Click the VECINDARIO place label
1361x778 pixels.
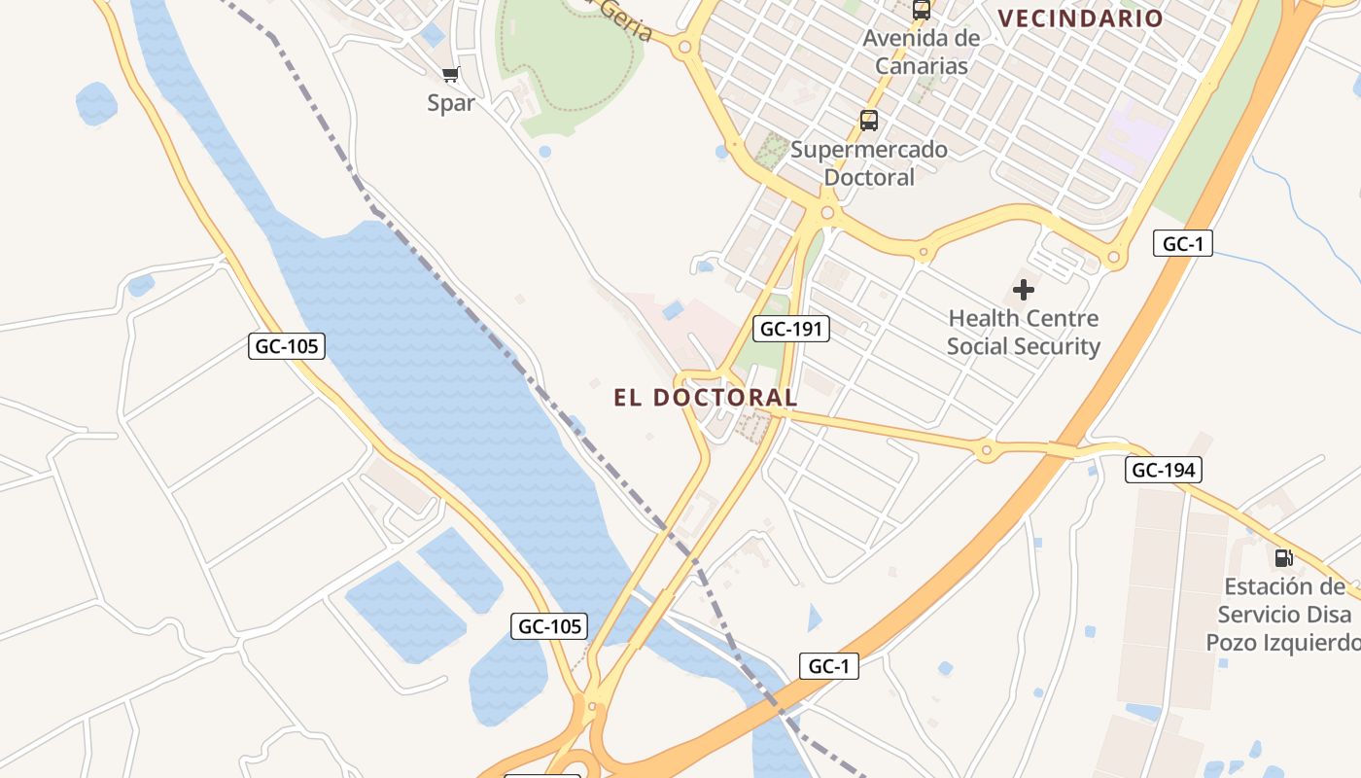(x=1080, y=18)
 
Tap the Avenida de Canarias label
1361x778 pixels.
(x=922, y=53)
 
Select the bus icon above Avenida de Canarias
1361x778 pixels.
(x=922, y=11)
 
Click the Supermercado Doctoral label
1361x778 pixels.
(x=869, y=163)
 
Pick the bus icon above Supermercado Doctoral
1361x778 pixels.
(x=869, y=122)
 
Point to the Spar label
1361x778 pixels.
(x=451, y=103)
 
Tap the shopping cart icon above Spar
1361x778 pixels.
(x=451, y=75)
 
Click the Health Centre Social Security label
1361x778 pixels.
(x=1024, y=333)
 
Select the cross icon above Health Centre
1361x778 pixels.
(x=1024, y=290)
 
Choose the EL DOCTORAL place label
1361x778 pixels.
(x=706, y=398)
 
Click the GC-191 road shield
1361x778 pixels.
(x=791, y=329)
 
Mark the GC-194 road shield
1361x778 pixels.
(x=1164, y=471)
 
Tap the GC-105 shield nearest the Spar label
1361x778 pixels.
(x=286, y=345)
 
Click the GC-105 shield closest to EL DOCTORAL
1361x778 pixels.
(x=549, y=626)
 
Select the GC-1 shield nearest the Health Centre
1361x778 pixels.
(x=1183, y=244)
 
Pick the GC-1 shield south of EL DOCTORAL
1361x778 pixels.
(x=829, y=666)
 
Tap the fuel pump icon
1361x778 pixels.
(x=1284, y=558)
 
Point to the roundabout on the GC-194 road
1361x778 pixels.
(x=987, y=450)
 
